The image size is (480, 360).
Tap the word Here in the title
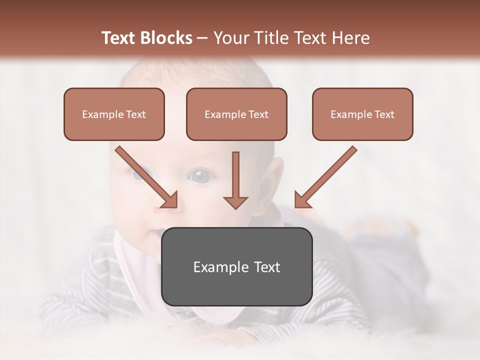point(349,38)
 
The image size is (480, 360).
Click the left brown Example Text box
point(114,114)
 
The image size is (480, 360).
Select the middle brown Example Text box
point(236,114)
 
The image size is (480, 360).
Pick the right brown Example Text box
point(362,114)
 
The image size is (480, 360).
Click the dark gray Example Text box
point(236,266)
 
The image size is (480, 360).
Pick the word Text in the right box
point(384,114)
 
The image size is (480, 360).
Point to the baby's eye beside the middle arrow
point(201,176)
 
